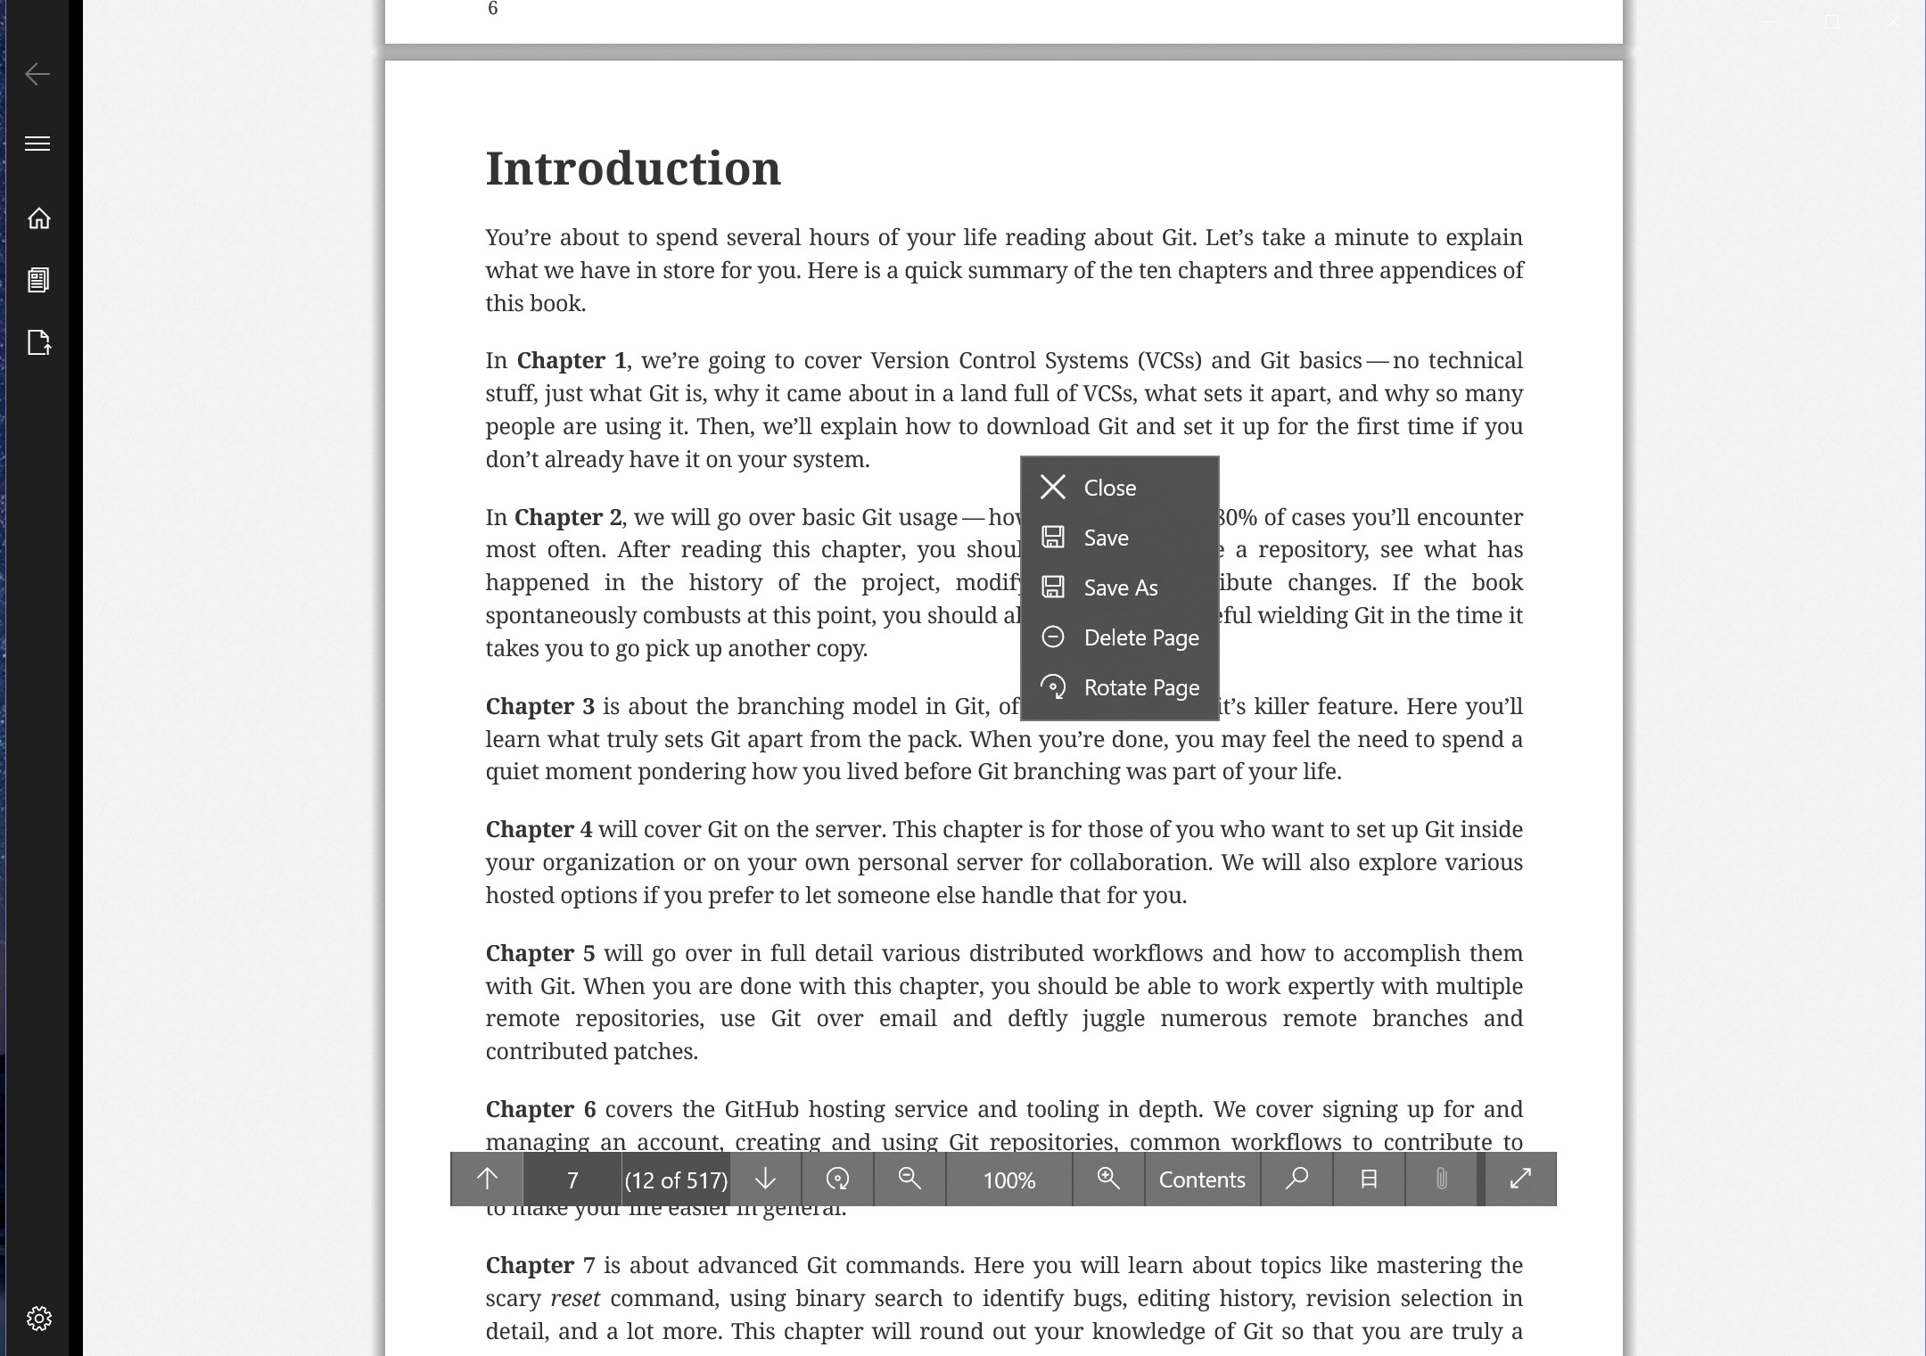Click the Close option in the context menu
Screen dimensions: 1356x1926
tap(1109, 488)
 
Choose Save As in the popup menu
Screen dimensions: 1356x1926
tap(1120, 588)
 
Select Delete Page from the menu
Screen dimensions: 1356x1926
tap(1140, 637)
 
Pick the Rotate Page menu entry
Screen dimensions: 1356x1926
tap(1140, 687)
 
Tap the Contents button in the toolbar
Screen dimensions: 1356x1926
tap(1201, 1179)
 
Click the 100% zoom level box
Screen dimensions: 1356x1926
tap(1008, 1179)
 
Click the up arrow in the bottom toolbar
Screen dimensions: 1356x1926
tap(487, 1179)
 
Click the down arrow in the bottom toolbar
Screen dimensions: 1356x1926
tap(765, 1179)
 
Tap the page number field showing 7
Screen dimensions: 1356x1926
tap(572, 1179)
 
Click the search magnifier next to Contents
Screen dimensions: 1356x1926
tap(1296, 1179)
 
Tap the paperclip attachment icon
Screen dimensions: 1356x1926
tap(1441, 1179)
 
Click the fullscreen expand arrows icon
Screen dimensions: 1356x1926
tap(1520, 1179)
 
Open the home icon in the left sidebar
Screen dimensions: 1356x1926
tap(38, 218)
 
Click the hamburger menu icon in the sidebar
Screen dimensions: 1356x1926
tap(37, 144)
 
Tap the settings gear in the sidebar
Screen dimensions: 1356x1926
tap(38, 1318)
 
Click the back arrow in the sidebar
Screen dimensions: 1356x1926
tap(37, 74)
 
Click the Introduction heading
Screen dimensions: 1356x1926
tap(633, 168)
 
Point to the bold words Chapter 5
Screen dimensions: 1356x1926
tap(539, 953)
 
